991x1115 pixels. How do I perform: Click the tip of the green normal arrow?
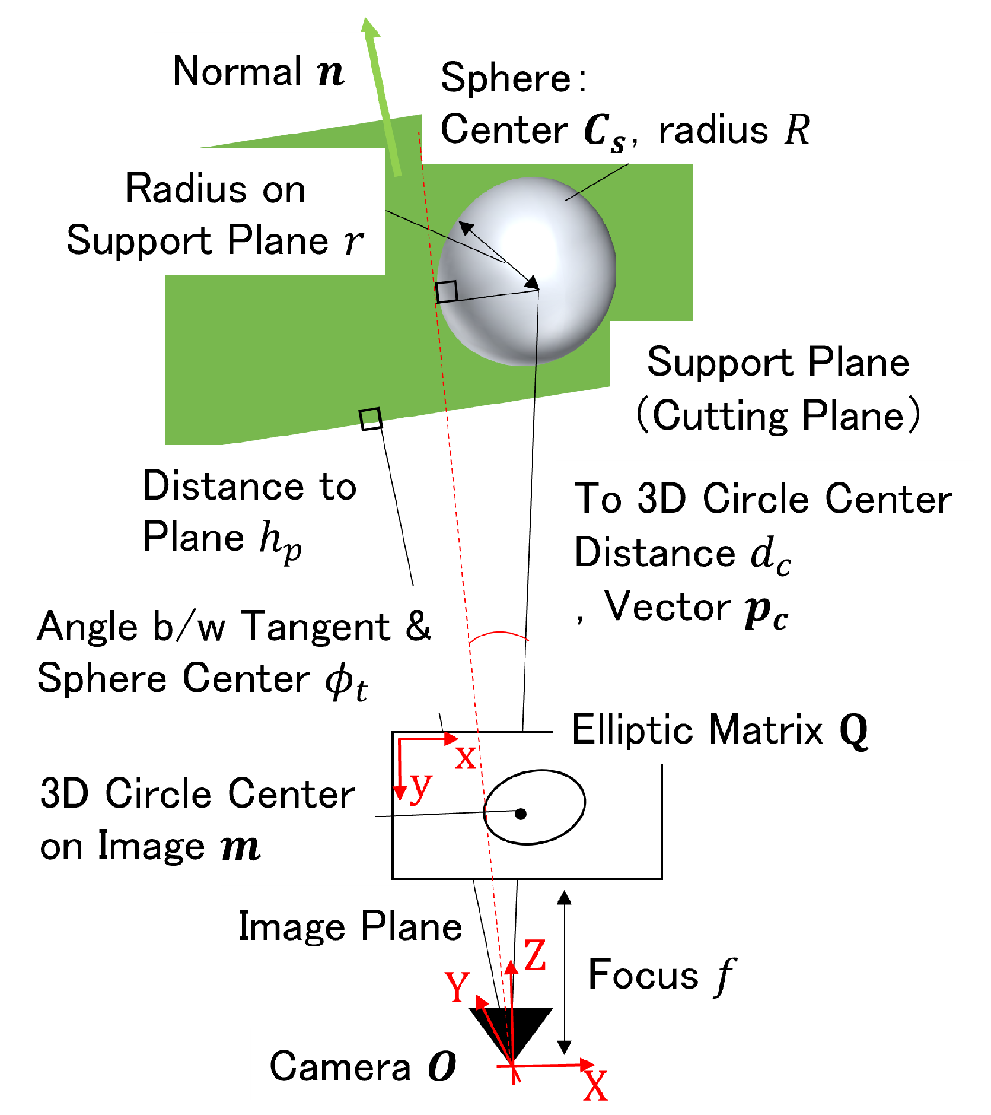tap(368, 21)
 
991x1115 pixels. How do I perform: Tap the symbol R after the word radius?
tap(796, 130)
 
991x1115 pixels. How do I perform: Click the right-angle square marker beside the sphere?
tap(447, 291)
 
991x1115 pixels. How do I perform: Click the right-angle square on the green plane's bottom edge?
tap(371, 419)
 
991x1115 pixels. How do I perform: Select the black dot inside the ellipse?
tap(520, 814)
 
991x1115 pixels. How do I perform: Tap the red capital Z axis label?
tap(535, 955)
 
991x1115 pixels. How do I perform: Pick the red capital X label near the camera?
tap(595, 1086)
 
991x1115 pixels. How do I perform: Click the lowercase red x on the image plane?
tap(466, 758)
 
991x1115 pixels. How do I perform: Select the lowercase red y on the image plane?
tap(421, 786)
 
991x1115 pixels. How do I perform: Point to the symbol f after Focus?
tap(725, 976)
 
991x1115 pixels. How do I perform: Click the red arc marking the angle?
tap(498, 634)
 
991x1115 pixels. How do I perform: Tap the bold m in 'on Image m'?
tap(240, 847)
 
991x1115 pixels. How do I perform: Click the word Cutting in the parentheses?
tap(720, 415)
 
